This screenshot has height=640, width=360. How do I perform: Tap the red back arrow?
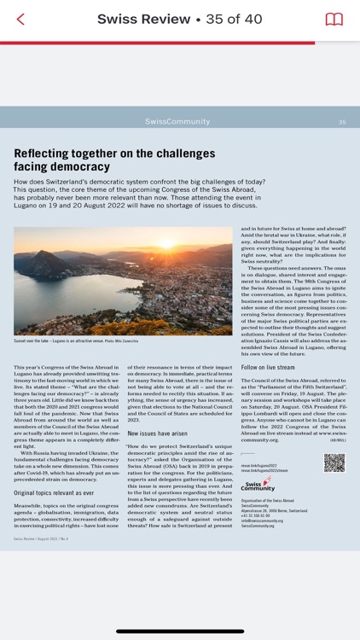click(x=20, y=19)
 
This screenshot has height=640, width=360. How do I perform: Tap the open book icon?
click(x=334, y=19)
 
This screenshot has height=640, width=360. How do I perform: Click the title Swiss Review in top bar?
click(x=143, y=19)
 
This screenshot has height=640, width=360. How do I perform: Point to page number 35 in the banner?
click(x=342, y=122)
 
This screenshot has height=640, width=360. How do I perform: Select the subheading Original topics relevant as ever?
click(x=54, y=493)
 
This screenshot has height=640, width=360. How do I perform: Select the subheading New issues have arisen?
click(x=157, y=433)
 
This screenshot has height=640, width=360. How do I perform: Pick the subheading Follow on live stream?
click(x=270, y=368)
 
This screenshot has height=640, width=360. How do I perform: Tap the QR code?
click(x=334, y=463)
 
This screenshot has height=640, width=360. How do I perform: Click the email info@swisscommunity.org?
click(x=263, y=521)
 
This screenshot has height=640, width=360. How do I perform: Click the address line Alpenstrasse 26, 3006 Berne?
click(x=274, y=510)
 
